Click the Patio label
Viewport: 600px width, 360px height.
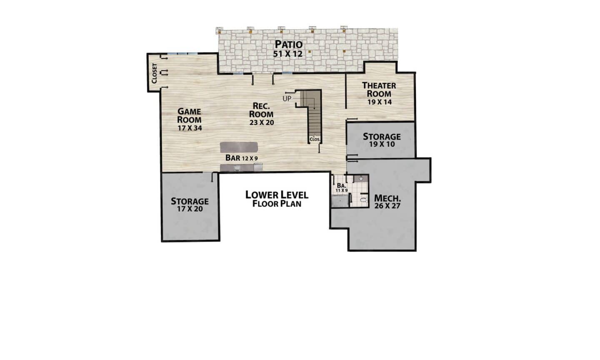pos(289,44)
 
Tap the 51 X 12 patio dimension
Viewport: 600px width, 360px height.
pos(287,54)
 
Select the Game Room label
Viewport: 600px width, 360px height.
pos(189,115)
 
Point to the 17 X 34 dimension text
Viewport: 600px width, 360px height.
pos(190,128)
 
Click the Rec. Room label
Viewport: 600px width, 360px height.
pos(261,110)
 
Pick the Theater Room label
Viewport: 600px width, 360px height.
pos(379,90)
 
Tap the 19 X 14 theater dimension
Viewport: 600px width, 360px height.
pos(380,102)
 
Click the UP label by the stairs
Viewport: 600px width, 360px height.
pos(287,99)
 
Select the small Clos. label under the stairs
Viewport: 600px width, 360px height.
pos(315,139)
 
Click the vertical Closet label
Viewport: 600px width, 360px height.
pos(154,73)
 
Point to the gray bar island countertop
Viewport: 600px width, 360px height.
pos(239,147)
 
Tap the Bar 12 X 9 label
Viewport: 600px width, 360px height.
pos(241,158)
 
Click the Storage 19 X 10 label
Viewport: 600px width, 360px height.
pos(382,140)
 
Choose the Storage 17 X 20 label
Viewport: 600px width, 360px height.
pos(190,205)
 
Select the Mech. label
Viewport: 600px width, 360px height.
pos(387,198)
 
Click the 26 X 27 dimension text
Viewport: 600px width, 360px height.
pos(387,206)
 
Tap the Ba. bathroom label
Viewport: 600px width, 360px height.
pos(342,185)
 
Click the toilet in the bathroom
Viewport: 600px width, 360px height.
pos(363,200)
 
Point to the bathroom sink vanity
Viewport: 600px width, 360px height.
pos(361,178)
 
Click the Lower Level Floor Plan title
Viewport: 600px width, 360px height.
pos(277,199)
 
